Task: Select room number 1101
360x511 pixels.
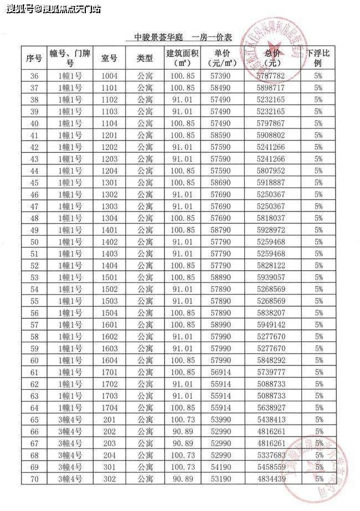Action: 110,87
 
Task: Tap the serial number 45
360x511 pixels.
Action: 34,182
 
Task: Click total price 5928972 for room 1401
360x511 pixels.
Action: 271,229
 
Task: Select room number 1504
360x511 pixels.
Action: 110,313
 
